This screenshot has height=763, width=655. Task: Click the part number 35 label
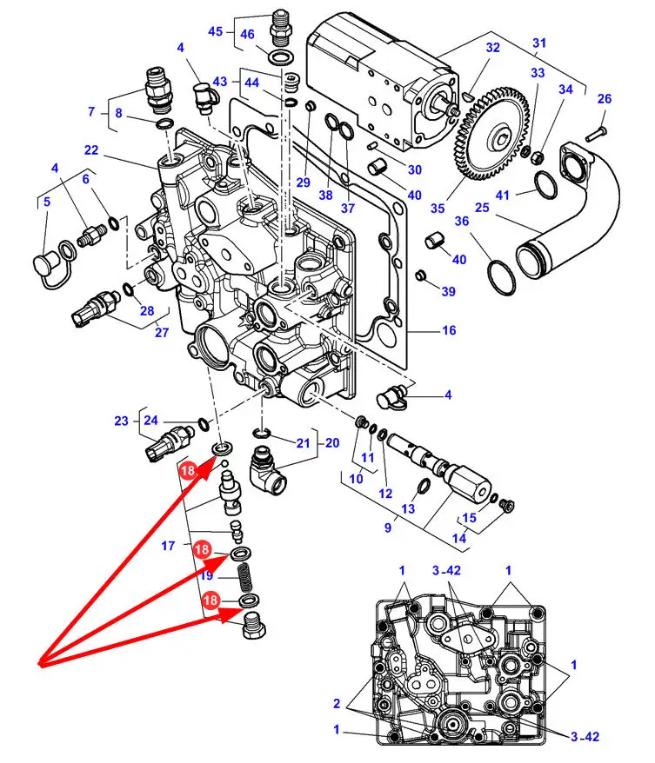click(x=438, y=209)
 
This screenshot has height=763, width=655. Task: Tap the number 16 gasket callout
click(x=449, y=330)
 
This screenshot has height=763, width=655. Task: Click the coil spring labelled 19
click(x=246, y=578)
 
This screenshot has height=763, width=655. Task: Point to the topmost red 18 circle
click(x=188, y=470)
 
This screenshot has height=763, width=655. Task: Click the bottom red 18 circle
click(x=211, y=600)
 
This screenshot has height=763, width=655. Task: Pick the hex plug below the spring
click(x=253, y=626)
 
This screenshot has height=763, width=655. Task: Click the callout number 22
click(x=91, y=149)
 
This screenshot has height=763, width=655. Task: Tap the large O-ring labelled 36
click(x=502, y=278)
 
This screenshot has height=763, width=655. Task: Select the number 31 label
click(x=539, y=43)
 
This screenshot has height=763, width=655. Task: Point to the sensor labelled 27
click(x=97, y=309)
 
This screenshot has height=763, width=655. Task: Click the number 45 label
click(x=215, y=31)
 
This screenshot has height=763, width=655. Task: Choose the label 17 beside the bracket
click(x=168, y=546)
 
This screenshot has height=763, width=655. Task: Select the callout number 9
click(x=388, y=527)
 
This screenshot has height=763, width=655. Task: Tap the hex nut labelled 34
click(x=536, y=156)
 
